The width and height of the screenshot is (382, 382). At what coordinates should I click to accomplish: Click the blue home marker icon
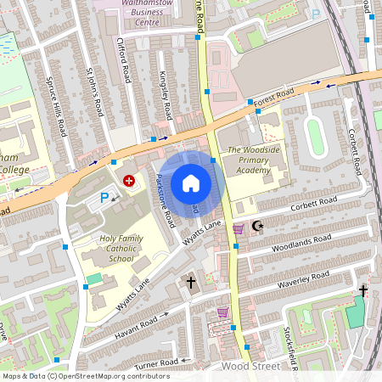(x=191, y=183)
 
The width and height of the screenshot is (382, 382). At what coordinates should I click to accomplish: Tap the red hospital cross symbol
(x=129, y=180)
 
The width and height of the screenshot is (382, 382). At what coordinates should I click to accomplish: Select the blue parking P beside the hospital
(x=104, y=198)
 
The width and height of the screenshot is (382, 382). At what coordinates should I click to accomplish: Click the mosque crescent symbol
(x=258, y=228)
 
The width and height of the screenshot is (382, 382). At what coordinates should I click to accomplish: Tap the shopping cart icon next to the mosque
(x=238, y=228)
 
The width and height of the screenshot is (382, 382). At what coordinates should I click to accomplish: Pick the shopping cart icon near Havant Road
(x=222, y=312)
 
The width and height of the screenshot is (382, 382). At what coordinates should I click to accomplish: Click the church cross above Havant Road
(x=191, y=281)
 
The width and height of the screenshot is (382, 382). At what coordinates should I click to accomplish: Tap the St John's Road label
(x=95, y=83)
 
